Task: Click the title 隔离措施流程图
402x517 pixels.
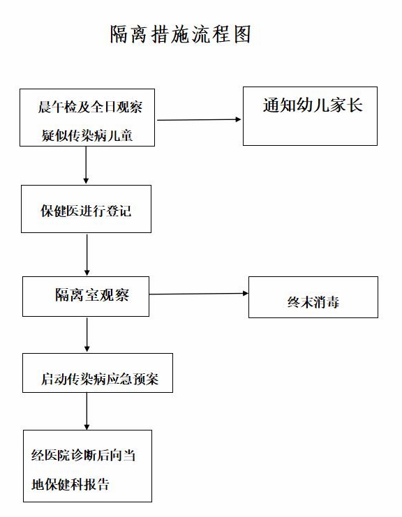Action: (x=180, y=33)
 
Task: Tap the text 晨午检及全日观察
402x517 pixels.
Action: (x=90, y=107)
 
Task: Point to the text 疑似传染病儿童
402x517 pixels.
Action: (x=87, y=135)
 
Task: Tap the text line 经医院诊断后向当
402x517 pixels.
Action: (x=84, y=456)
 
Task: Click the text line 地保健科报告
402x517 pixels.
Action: (x=70, y=484)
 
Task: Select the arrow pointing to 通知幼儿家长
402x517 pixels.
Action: (x=199, y=120)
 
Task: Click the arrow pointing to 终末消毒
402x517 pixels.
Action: (x=199, y=294)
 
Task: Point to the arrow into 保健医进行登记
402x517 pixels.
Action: (x=86, y=165)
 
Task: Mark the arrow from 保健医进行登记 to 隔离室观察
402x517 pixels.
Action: (x=87, y=255)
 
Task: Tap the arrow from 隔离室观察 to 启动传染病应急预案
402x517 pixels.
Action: (x=87, y=335)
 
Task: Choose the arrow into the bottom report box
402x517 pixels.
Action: (x=87, y=412)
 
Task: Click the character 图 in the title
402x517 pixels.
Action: (x=242, y=33)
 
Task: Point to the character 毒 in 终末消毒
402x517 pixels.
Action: (x=332, y=302)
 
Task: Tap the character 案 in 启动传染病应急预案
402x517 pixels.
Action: (x=151, y=379)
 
